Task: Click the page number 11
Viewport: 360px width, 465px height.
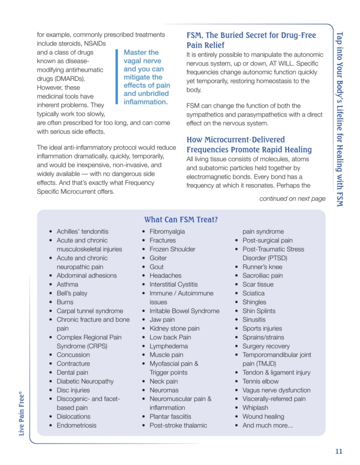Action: (338, 451)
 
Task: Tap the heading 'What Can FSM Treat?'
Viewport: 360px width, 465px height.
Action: (181, 220)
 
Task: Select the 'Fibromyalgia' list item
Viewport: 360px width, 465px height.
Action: (167, 232)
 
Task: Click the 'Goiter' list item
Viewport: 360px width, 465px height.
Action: (158, 258)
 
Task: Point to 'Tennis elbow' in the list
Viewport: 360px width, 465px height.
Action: (260, 381)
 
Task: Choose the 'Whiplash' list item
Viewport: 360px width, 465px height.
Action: (255, 408)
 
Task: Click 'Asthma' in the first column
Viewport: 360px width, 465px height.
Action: (67, 284)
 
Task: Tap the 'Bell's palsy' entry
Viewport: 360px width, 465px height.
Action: (72, 293)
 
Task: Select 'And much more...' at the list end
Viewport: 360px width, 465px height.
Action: (267, 425)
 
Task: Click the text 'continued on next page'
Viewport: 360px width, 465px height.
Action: (292, 198)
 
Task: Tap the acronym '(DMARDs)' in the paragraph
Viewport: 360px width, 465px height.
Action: (52, 79)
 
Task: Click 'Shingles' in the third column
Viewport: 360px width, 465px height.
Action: (254, 302)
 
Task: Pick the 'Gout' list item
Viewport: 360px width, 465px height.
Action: (156, 267)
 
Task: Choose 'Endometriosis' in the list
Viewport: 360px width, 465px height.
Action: (76, 425)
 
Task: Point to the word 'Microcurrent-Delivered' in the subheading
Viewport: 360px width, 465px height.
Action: (244, 140)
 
